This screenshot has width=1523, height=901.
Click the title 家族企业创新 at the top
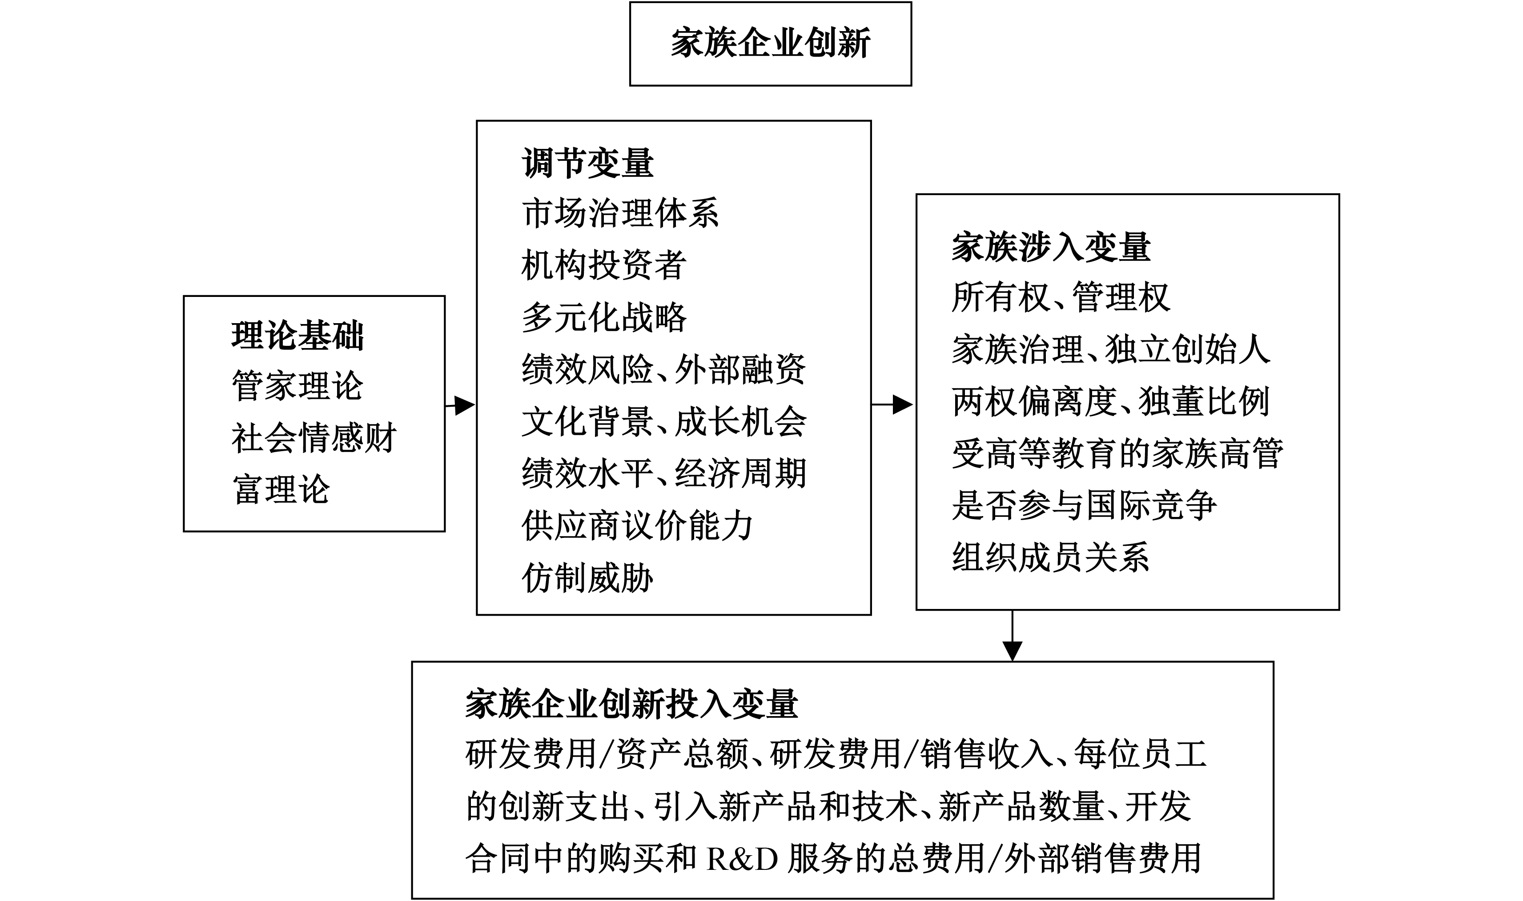tap(770, 43)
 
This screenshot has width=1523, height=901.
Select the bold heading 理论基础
tap(297, 336)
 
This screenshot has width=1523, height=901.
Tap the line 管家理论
tap(297, 386)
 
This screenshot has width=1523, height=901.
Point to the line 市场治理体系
tap(620, 214)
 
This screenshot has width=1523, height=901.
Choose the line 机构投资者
tap(603, 265)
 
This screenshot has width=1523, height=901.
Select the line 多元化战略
tap(603, 317)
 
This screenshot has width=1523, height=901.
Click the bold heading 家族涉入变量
tap(1051, 247)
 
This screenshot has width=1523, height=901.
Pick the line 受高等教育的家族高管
tap(1117, 453)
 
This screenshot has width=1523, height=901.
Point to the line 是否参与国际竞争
tap(1084, 505)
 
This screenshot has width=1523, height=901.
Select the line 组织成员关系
tap(1051, 557)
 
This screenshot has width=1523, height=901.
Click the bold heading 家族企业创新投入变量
tap(631, 704)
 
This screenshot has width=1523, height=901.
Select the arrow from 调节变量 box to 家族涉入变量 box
tap(892, 404)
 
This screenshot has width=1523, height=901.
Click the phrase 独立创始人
tap(1187, 350)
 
